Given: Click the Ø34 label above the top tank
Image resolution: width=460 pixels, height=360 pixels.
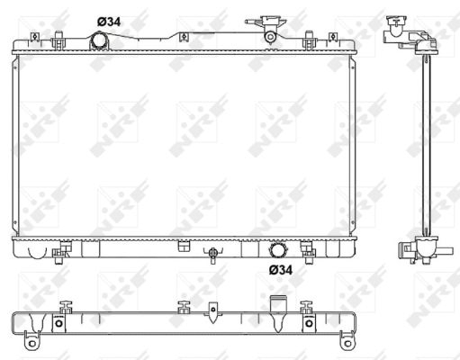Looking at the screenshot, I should tap(109, 22).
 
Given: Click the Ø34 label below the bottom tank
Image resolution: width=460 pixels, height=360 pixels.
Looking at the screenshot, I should tap(281, 268).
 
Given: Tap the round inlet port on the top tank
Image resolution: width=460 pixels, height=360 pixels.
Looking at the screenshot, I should tap(100, 40).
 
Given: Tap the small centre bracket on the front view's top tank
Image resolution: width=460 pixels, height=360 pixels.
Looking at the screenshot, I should tap(183, 38).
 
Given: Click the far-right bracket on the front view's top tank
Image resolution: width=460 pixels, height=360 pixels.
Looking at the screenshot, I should tap(310, 40).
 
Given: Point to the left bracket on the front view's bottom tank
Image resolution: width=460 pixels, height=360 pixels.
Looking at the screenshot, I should tap(65, 248).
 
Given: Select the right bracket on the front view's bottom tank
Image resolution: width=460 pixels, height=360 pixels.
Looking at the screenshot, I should tap(307, 247).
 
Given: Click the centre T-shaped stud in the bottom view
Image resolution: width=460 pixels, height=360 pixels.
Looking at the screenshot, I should tap(184, 307).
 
